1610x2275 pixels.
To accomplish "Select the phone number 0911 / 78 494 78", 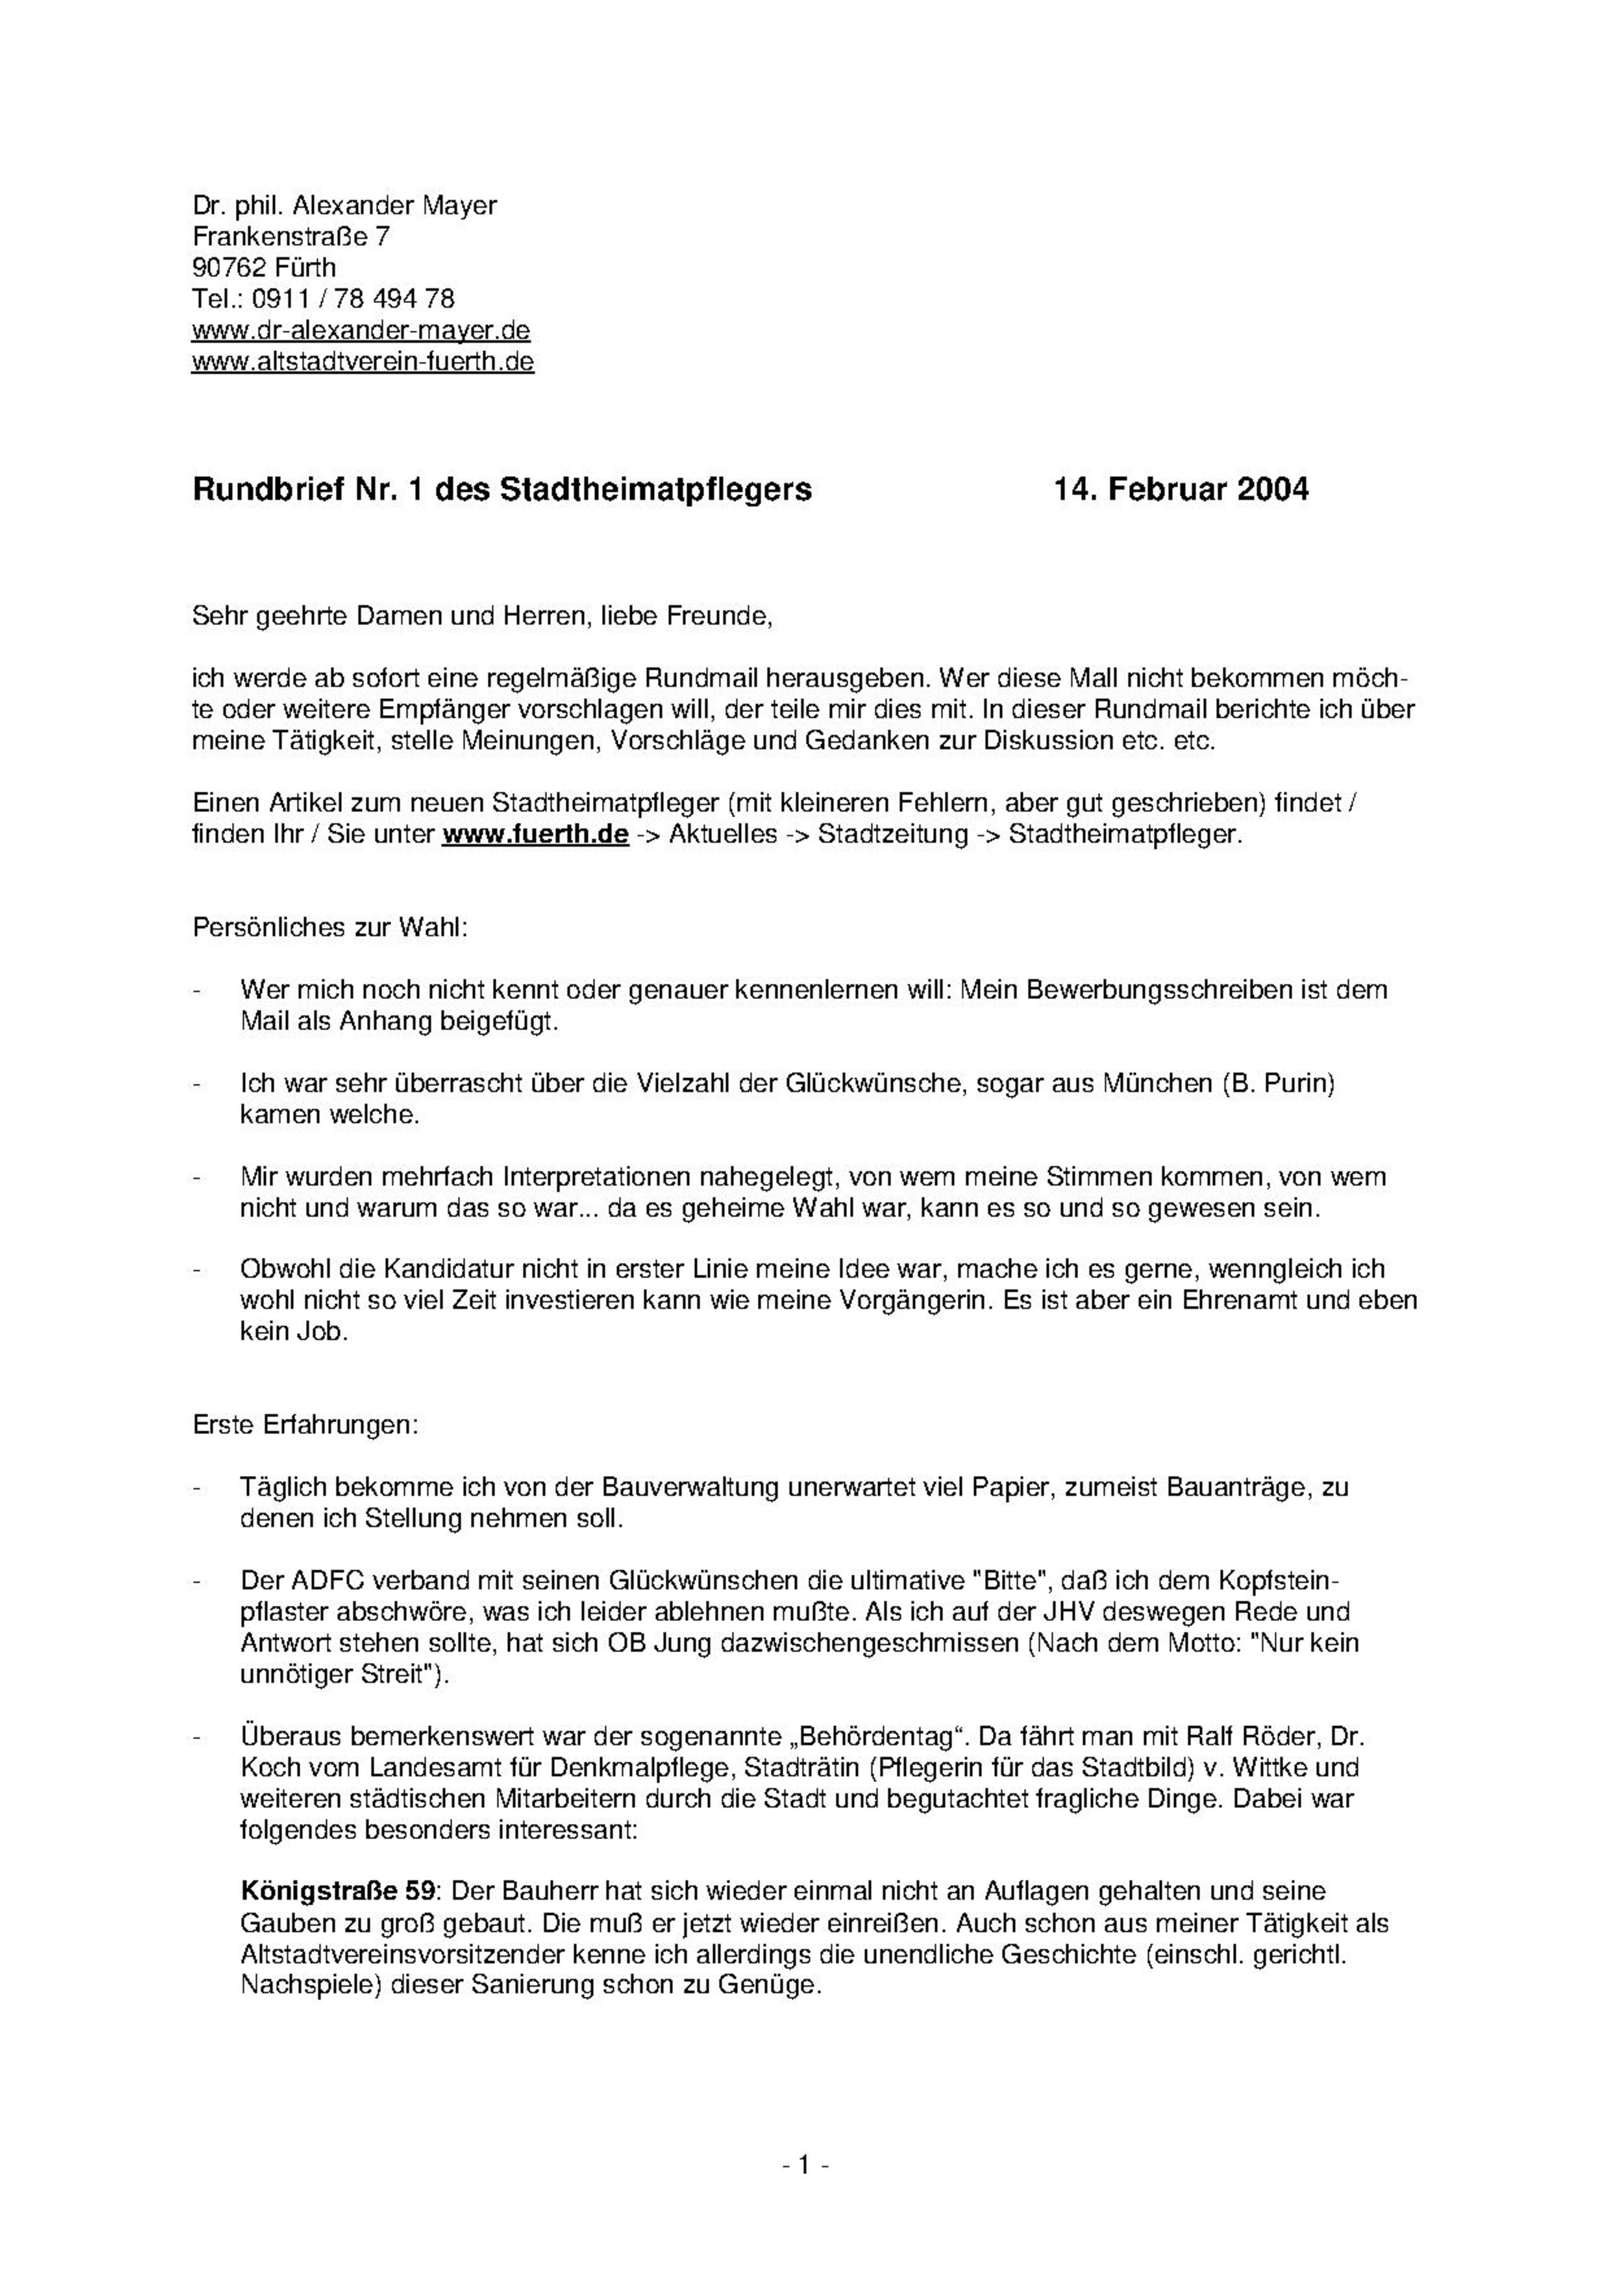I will tap(353, 298).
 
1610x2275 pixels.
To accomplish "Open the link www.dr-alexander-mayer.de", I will tap(361, 330).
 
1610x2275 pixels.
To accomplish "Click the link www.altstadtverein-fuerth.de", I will tap(363, 362).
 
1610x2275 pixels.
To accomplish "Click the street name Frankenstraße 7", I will tap(291, 237).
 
